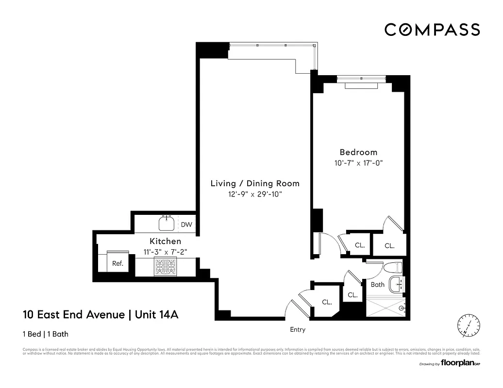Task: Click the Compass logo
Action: click(x=432, y=30)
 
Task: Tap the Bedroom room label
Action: click(x=358, y=152)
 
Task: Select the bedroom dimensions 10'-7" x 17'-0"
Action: click(x=358, y=163)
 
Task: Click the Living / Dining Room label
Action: click(x=254, y=183)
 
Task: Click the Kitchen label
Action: click(x=165, y=241)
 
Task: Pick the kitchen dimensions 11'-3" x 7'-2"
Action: click(x=165, y=251)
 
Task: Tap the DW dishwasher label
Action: click(x=186, y=225)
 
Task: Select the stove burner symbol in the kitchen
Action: click(x=166, y=267)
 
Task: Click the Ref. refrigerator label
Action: click(x=117, y=264)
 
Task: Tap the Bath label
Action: click(x=377, y=285)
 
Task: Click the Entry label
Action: click(x=297, y=330)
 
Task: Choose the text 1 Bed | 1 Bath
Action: click(x=49, y=334)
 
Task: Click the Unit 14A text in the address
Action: click(x=156, y=315)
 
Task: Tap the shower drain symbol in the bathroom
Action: click(x=401, y=307)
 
